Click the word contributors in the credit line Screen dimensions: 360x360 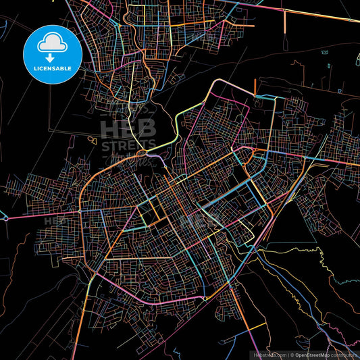tap(344, 355)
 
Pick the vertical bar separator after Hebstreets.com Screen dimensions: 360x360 tap(288, 355)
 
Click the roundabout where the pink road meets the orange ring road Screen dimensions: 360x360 tap(80, 211)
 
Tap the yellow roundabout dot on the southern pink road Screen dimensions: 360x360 tap(204, 299)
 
